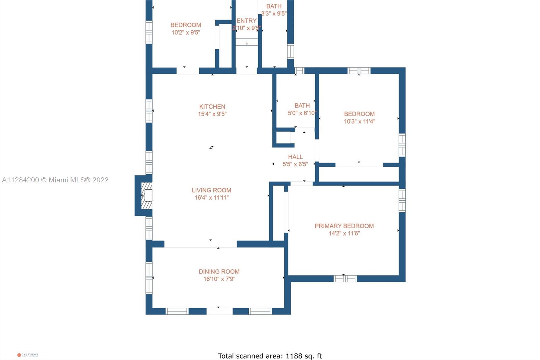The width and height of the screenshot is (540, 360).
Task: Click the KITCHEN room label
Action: [212, 106]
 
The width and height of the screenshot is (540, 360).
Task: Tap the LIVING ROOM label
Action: [211, 190]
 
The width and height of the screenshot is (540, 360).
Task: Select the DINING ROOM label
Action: [219, 272]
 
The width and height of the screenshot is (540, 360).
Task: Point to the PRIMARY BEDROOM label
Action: [344, 226]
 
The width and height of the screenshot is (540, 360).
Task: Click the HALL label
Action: [295, 157]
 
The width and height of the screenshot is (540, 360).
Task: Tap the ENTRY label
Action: [246, 21]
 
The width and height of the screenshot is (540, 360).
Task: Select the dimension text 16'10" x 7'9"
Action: [219, 279]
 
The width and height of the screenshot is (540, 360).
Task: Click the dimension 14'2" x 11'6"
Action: [344, 233]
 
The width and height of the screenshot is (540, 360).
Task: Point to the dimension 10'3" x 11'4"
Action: [359, 121]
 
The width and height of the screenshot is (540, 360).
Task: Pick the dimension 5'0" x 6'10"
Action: [302, 113]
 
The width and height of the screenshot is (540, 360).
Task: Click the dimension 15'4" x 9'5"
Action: [212, 114]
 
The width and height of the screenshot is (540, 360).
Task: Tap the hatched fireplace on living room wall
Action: [146, 196]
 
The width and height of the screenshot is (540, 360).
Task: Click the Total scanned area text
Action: [270, 356]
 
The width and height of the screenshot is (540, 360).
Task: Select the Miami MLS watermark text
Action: [55, 180]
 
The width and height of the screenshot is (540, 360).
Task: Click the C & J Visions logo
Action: [28, 355]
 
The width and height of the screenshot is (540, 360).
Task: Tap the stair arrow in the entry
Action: [247, 43]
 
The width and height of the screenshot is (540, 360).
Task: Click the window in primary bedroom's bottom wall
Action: [345, 279]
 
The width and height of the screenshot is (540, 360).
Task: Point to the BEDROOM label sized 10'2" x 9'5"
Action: [186, 25]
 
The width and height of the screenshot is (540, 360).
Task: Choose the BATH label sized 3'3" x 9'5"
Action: [274, 6]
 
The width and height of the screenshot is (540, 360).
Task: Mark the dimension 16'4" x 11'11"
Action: [211, 198]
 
